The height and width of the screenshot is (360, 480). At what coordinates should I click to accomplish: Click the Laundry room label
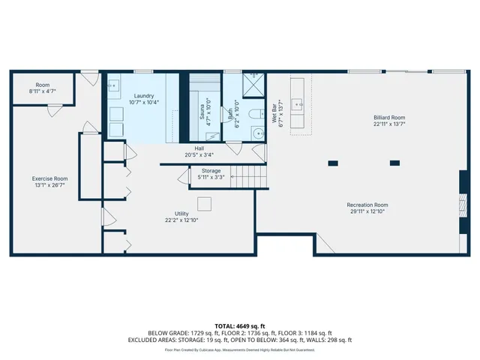pos(143,97)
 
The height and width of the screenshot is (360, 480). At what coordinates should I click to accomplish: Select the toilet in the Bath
pos(253,115)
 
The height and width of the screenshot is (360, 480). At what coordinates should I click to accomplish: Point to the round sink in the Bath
pos(256,133)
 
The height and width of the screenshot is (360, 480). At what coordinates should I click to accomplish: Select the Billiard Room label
pos(389,118)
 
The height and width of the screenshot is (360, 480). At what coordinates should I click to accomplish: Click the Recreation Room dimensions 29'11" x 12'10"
pos(367,212)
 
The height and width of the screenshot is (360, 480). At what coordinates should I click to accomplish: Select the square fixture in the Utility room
pos(204,204)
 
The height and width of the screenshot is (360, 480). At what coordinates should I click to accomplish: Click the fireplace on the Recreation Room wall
pos(463,203)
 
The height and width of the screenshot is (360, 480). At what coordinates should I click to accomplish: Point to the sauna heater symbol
pos(212,137)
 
